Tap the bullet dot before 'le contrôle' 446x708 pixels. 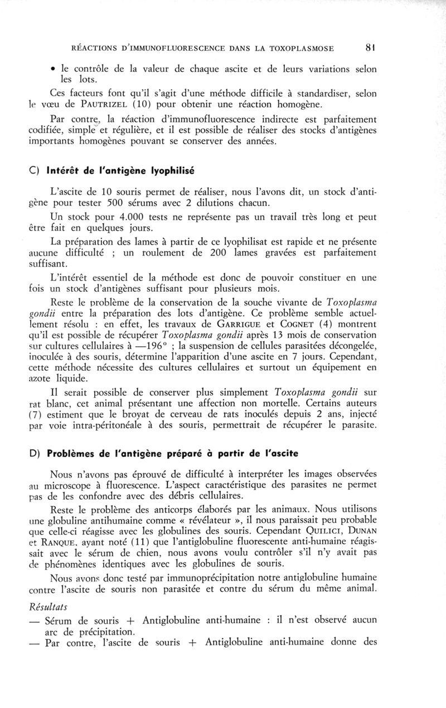pos(52,69)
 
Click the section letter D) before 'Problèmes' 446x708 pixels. pos(35,453)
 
